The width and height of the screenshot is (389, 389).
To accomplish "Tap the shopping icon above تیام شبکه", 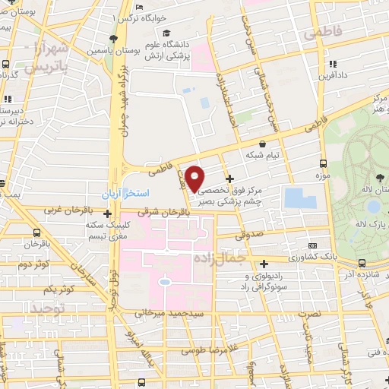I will tap(262, 143).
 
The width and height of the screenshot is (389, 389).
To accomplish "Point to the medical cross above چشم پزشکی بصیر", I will tap(230, 179).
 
